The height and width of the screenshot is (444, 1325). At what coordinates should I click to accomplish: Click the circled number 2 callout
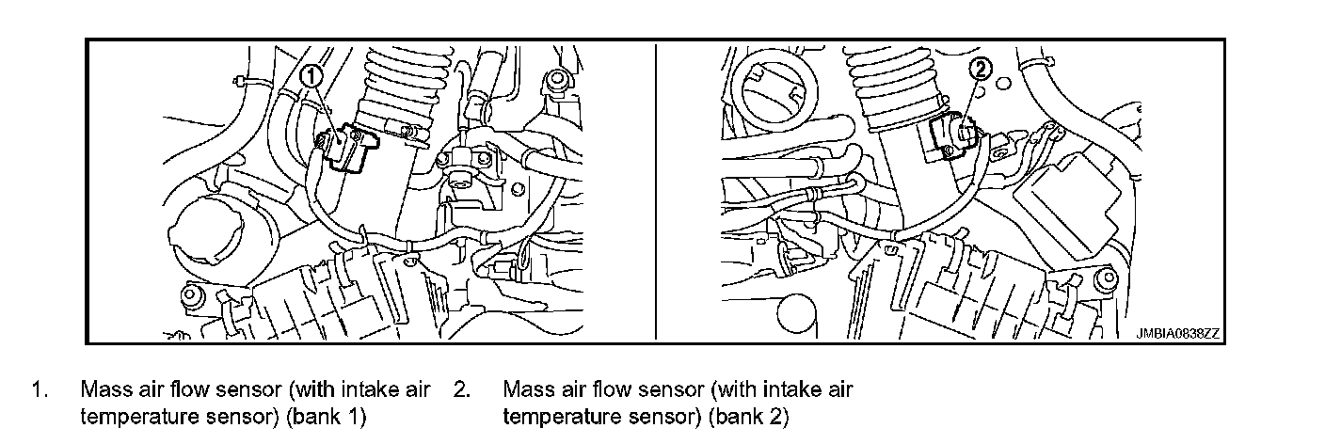(x=981, y=67)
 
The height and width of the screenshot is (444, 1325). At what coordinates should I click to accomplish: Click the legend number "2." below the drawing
(x=461, y=388)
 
